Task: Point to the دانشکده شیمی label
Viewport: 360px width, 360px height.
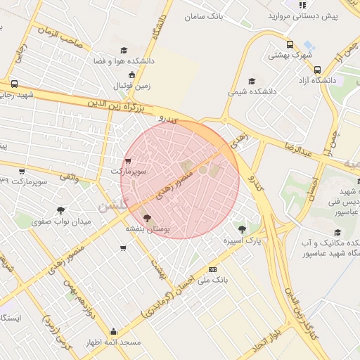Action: tap(251, 92)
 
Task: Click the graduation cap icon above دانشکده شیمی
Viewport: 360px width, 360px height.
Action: tap(252, 80)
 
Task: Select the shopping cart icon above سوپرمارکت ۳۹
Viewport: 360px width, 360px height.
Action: tap(22, 171)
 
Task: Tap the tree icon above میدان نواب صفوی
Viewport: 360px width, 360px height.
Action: tap(61, 210)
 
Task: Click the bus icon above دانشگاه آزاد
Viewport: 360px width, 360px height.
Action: tap(318, 70)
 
